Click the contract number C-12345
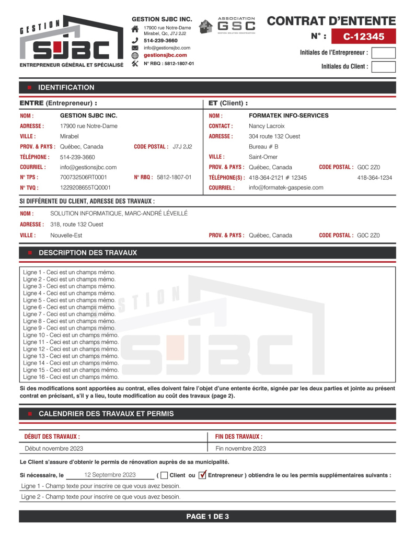(x=364, y=37)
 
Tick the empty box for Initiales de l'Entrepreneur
(x=383, y=53)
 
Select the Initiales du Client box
(x=383, y=67)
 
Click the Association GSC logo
(x=228, y=25)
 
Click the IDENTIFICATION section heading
(x=66, y=87)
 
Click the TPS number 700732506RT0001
(x=84, y=177)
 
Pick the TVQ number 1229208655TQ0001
(x=85, y=188)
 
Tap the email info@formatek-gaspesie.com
(x=286, y=188)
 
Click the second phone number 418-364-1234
(x=374, y=178)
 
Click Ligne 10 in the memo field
(x=71, y=335)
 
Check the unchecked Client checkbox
(x=164, y=475)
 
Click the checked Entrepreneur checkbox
(x=202, y=475)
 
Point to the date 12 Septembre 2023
(x=110, y=475)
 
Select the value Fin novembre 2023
(x=240, y=448)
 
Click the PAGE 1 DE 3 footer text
(x=208, y=517)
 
